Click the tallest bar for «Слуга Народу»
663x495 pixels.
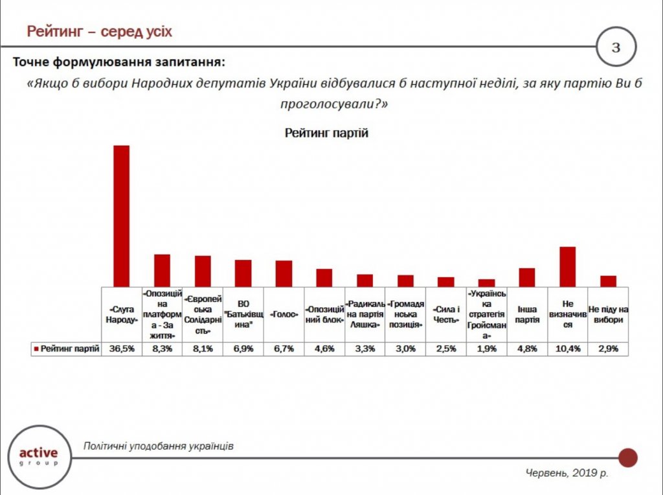click(122, 216)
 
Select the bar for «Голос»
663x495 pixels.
click(284, 273)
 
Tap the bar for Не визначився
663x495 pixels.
click(567, 266)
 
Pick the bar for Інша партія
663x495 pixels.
click(527, 277)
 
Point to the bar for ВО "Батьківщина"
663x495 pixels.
click(243, 273)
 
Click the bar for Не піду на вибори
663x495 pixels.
click(608, 281)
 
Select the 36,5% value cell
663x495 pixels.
click(122, 349)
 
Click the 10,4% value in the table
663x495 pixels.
click(567, 349)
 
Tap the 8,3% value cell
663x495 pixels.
click(162, 349)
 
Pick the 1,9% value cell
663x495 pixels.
click(486, 349)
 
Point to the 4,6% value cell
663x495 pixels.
click(324, 349)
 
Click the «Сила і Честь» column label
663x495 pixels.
click(445, 314)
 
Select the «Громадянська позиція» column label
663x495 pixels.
click(405, 314)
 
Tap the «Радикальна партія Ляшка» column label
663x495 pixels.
click(365, 314)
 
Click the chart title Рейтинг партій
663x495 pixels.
click(326, 133)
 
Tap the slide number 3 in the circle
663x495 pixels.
click(616, 47)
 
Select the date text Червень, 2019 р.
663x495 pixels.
click(566, 474)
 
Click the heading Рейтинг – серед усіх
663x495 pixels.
click(99, 31)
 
